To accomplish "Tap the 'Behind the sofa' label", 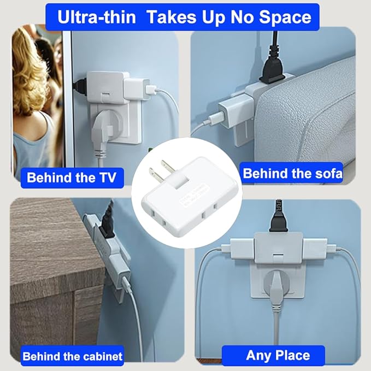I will click(x=292, y=174).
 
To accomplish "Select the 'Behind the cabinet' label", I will click(x=72, y=357).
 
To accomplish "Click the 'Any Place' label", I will click(x=278, y=355).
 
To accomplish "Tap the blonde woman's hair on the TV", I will click(x=30, y=71).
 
